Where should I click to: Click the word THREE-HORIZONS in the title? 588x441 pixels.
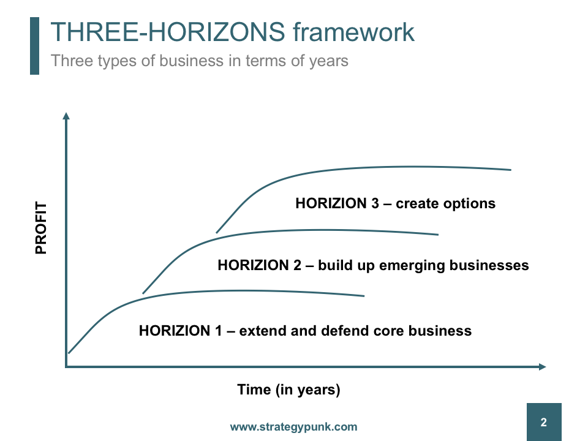tap(168, 32)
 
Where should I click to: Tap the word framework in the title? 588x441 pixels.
tap(353, 32)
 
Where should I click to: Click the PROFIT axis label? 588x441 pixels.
tap(41, 228)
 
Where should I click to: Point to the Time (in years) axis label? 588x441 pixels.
tap(288, 390)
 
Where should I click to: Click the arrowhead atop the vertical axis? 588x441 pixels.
tap(66, 116)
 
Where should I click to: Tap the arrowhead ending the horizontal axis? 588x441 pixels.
tap(542, 367)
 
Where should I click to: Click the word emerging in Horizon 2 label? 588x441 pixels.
tap(412, 265)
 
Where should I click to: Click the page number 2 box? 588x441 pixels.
tap(544, 422)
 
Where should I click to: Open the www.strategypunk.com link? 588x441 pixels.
tap(293, 427)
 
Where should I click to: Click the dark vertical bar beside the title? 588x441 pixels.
tap(34, 46)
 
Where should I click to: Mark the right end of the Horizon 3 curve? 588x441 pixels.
tap(511, 170)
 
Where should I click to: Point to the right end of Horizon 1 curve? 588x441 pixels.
tap(364, 296)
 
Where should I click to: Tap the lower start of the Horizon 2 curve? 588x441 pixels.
tap(143, 293)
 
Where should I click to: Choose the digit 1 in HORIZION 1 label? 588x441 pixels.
tap(218, 331)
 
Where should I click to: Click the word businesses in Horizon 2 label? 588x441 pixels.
tap(489, 265)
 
